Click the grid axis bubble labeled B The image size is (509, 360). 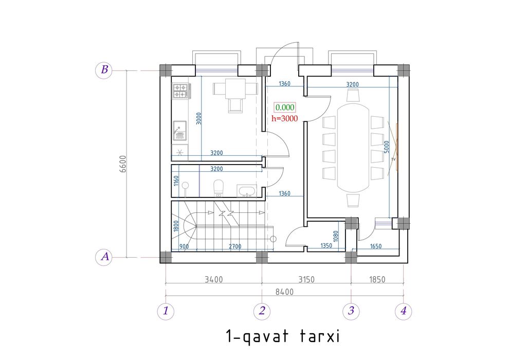[104, 70]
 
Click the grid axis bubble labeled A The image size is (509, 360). [104, 257]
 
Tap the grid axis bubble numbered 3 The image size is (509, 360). [351, 311]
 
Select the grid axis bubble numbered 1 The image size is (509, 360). [166, 311]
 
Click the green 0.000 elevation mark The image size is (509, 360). [285, 107]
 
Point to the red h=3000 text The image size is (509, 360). [285, 118]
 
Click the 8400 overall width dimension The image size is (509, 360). [284, 292]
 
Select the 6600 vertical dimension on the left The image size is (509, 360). [123, 164]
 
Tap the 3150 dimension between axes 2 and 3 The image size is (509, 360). [306, 279]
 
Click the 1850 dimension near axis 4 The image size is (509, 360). [377, 279]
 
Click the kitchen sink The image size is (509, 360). [180, 131]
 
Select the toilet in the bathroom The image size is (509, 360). [219, 188]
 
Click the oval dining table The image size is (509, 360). [353, 148]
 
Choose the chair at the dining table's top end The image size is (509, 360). [353, 95]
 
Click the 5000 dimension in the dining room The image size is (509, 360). [386, 147]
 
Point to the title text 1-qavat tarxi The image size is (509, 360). [282, 336]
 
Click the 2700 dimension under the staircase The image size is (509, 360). [235, 246]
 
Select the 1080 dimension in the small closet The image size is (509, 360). [336, 236]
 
